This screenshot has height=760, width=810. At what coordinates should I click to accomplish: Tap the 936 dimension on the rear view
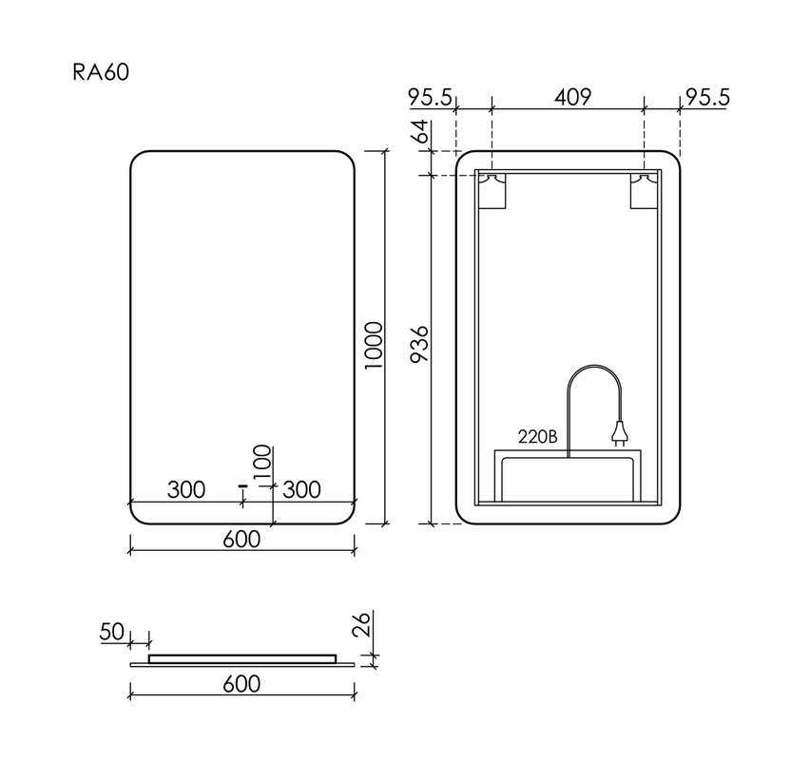tap(422, 349)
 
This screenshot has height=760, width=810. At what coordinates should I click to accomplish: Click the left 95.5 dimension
tap(433, 97)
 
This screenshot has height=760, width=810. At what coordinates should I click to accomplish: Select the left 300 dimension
tap(186, 489)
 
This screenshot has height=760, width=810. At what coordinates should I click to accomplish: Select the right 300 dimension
tap(301, 489)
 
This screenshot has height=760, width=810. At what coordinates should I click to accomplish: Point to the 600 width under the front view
tap(241, 539)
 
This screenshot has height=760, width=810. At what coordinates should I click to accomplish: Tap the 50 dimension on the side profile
tap(112, 631)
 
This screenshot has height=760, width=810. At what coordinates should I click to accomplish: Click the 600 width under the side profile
tap(241, 683)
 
